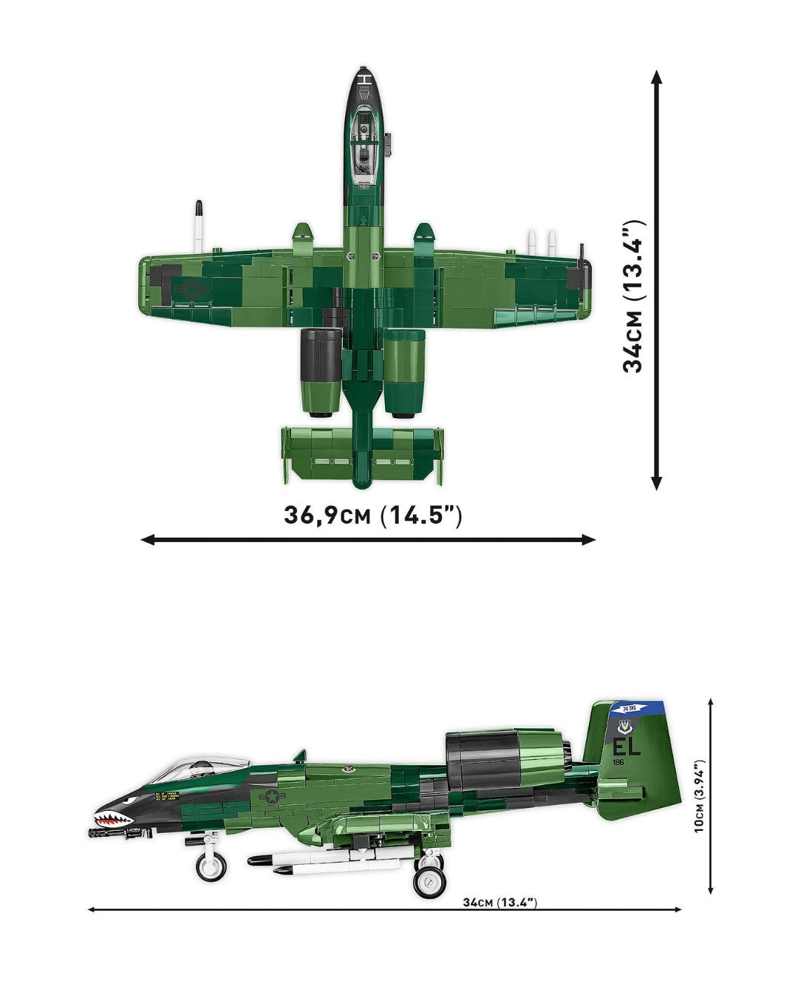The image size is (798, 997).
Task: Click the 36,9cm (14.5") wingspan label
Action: pos(372,515)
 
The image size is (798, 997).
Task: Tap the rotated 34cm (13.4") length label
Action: pos(633,295)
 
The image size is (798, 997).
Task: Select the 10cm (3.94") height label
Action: pos(700,796)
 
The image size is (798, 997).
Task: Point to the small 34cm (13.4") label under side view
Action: pos(499,902)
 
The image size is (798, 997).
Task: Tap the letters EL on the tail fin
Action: pos(626,746)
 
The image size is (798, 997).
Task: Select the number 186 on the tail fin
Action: pos(618,761)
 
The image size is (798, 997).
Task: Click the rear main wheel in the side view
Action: pos(429,880)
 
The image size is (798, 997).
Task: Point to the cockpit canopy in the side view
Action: pos(181,768)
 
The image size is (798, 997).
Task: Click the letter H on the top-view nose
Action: pos(365,79)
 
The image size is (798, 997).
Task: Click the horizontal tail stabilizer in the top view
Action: pos(362,454)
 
